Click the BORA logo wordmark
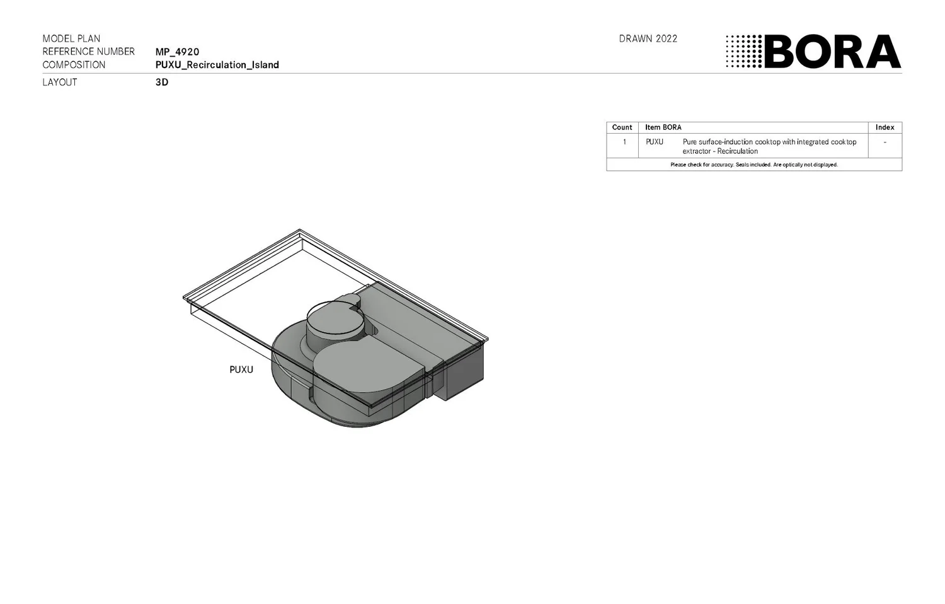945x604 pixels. click(832, 52)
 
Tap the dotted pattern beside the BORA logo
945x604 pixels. click(743, 52)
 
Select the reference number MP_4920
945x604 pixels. click(177, 52)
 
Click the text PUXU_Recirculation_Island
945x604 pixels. click(217, 65)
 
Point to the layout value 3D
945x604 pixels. click(162, 82)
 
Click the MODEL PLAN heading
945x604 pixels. click(71, 38)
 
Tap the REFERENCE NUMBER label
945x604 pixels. click(88, 52)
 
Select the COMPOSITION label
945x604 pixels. click(74, 65)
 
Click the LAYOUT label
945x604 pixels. click(59, 82)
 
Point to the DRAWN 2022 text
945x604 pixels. click(648, 38)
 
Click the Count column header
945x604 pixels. click(622, 127)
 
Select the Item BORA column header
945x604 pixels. click(663, 127)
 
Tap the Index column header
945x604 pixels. click(885, 127)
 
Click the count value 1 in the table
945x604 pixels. click(624, 142)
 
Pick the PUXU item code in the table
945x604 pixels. click(654, 142)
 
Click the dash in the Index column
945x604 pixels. click(885, 142)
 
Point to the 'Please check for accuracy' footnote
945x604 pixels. click(753, 165)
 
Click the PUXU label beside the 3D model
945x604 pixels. click(241, 369)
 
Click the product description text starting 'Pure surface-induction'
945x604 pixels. click(769, 146)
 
